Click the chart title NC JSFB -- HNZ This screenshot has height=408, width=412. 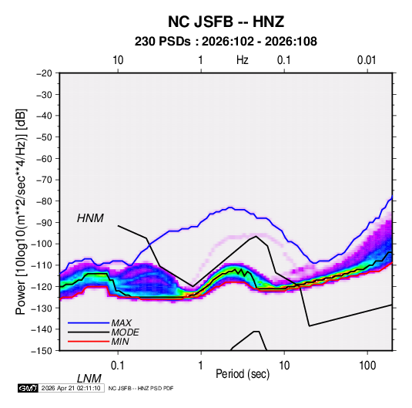click(226, 22)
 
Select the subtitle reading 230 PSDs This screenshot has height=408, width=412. click(162, 42)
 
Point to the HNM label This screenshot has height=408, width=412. click(90, 218)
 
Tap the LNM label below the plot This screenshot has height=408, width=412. click(89, 379)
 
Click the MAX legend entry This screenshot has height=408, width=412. click(121, 322)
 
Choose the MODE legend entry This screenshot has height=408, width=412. click(125, 332)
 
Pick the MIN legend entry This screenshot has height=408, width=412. click(120, 342)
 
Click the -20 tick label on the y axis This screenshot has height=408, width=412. click(44, 73)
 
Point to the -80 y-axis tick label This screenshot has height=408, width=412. click(44, 201)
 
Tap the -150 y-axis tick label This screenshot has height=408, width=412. click(42, 351)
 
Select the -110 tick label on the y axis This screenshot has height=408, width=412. click(42, 265)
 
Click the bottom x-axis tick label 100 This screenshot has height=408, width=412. click(367, 365)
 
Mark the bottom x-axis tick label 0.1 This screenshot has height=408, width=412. click(118, 365)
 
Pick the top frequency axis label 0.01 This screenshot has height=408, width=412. click(367, 60)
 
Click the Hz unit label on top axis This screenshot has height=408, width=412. click(243, 60)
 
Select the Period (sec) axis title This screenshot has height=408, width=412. click(243, 374)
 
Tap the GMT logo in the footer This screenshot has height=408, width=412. click(28, 388)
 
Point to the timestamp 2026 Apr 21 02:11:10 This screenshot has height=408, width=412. click(71, 388)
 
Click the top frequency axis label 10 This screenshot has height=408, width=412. click(118, 60)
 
